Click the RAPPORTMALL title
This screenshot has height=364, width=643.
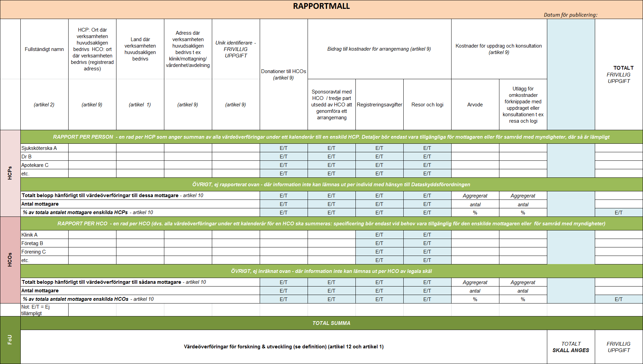point(321,6)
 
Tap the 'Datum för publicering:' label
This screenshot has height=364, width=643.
point(570,15)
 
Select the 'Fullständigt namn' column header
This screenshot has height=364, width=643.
point(44,49)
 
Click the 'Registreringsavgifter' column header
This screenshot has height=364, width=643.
point(379,105)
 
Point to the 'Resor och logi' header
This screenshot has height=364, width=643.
point(427,105)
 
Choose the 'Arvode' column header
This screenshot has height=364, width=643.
point(475,105)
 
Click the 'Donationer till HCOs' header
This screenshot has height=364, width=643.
point(283,74)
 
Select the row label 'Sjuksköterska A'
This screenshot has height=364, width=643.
point(39,148)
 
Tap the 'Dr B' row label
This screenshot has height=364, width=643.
point(26,157)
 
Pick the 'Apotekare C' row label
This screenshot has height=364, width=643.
point(35,165)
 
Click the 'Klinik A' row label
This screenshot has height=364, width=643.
point(30,235)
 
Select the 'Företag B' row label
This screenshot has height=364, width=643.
point(32,243)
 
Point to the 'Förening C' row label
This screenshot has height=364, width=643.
point(34,252)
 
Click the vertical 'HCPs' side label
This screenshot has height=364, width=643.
point(10,173)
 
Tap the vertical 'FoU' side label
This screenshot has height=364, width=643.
point(10,340)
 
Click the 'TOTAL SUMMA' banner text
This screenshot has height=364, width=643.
point(331,323)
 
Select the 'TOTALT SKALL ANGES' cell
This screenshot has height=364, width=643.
point(571,347)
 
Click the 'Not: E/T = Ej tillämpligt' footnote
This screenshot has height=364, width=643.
point(35,310)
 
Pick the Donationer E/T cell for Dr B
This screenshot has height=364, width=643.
point(283,157)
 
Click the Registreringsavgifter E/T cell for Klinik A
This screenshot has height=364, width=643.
point(379,235)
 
